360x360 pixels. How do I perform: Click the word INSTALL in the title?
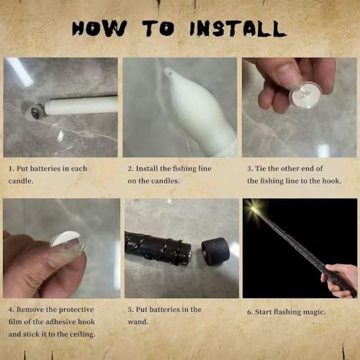[x=238, y=29]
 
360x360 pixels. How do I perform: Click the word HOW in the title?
[x=99, y=29]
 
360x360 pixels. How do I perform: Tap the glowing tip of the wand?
[x=253, y=208]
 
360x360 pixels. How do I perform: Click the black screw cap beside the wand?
[x=215, y=251]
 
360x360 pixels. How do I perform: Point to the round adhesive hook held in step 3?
[x=305, y=94]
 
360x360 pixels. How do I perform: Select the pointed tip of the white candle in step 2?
[x=168, y=71]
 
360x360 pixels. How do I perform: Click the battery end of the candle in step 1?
[x=35, y=112]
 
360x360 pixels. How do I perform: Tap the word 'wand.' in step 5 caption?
[x=138, y=322]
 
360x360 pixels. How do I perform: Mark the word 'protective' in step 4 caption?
[x=76, y=310]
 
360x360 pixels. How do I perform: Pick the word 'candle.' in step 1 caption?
[x=21, y=181]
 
